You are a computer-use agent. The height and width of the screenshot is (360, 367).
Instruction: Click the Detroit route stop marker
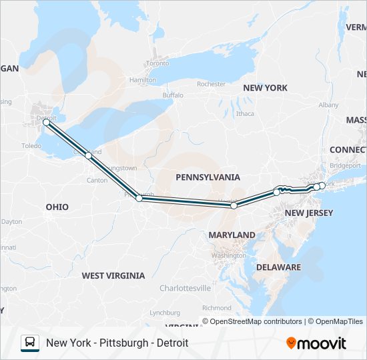tap(46, 123)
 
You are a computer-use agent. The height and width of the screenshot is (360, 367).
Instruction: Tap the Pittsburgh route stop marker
tap(139, 198)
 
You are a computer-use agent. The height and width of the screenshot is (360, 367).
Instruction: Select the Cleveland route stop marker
tap(88, 155)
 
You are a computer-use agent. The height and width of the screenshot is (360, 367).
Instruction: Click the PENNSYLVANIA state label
tap(208, 177)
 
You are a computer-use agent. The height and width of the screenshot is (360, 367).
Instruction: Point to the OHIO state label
tap(57, 207)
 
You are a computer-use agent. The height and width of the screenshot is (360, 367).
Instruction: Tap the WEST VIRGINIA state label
tap(113, 275)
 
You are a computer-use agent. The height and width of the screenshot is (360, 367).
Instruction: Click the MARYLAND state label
tap(232, 235)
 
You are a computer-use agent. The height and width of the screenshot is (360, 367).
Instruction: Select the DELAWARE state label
tap(280, 267)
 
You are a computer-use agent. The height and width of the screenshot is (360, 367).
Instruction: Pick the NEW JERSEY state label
tap(308, 213)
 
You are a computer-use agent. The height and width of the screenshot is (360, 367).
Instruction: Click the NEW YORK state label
tap(265, 88)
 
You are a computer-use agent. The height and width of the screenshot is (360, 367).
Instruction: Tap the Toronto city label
tap(158, 64)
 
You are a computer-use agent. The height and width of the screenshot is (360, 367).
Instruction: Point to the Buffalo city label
tap(172, 95)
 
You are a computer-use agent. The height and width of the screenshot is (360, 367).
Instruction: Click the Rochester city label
tap(212, 85)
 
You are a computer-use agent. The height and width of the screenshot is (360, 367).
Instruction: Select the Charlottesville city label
tap(185, 288)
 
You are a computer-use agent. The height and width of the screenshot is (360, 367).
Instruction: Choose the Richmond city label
tap(216, 308)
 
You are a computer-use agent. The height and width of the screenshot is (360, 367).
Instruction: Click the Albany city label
tap(328, 105)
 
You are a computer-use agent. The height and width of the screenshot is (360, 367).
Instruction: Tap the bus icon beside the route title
tap(30, 343)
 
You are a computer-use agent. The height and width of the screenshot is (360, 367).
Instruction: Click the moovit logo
tap(316, 343)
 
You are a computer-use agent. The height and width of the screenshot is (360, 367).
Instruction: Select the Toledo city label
tap(31, 145)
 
